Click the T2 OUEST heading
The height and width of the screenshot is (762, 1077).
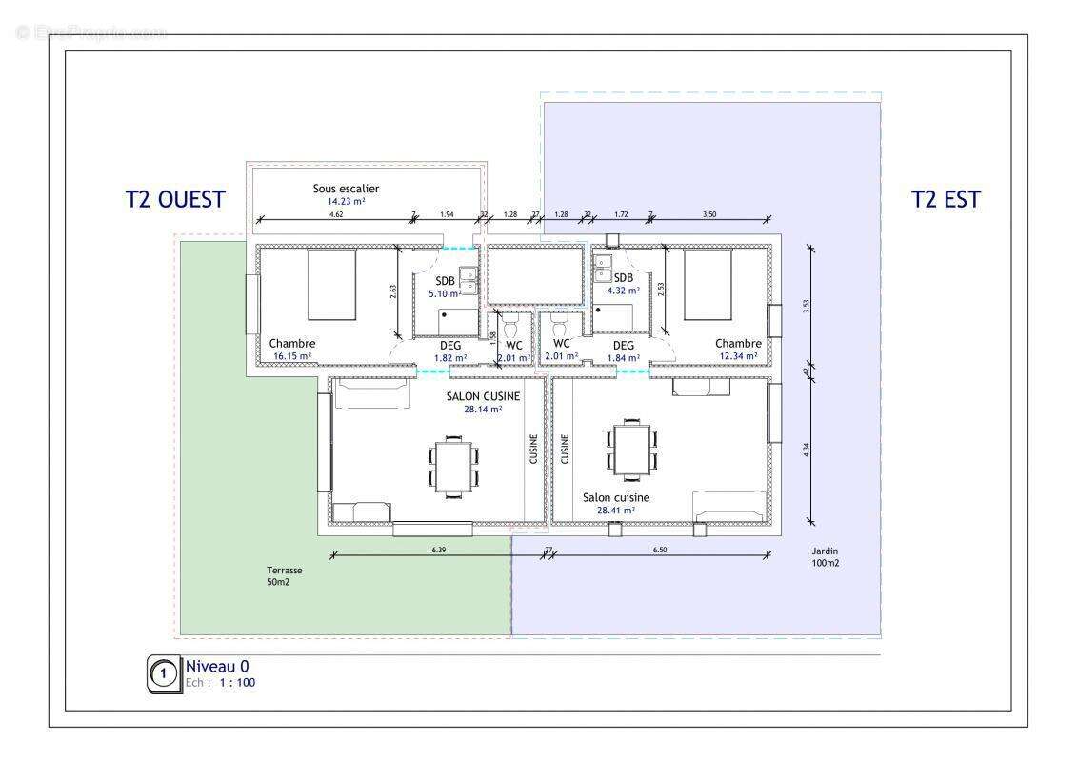(x=175, y=199)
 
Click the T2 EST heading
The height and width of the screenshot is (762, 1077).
(x=945, y=199)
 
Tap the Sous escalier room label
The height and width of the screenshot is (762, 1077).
(x=346, y=189)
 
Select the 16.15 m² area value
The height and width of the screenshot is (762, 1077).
(x=293, y=356)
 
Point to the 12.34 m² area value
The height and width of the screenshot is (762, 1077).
(x=738, y=356)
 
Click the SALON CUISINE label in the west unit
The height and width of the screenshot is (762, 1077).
(x=483, y=395)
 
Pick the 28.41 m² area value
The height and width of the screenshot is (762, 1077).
(x=616, y=511)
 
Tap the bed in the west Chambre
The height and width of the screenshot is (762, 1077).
(x=331, y=284)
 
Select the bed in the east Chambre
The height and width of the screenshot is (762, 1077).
(x=708, y=284)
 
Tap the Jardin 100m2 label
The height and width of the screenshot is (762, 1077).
(x=826, y=556)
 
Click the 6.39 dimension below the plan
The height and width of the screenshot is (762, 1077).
(x=438, y=550)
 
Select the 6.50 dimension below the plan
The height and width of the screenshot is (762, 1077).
(x=660, y=550)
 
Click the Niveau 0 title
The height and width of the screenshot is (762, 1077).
(x=217, y=667)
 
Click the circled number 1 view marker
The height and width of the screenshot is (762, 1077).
(x=164, y=674)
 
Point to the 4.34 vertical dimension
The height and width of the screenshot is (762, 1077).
(x=806, y=451)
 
